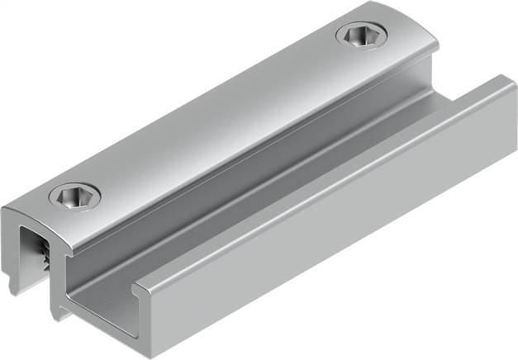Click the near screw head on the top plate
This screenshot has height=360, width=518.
(74, 197)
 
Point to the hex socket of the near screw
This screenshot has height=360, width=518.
(74, 197)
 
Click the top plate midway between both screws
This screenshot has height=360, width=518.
(219, 116)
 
